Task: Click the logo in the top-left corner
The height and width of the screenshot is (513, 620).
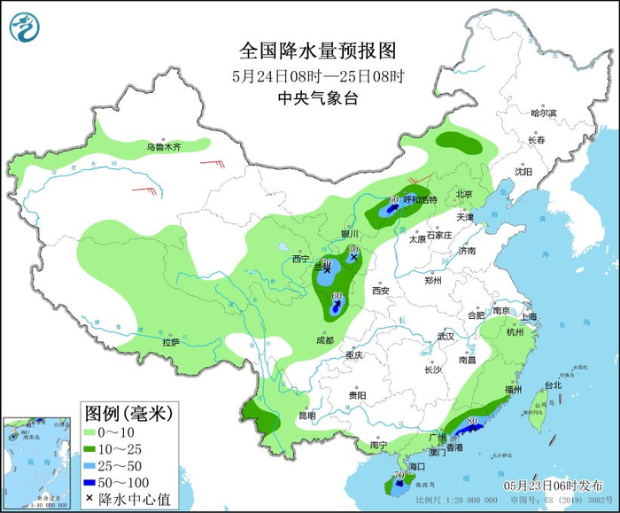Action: tap(26, 27)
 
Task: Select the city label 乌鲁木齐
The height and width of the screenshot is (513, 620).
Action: tap(164, 147)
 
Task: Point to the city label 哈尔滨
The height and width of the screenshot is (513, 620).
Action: tap(543, 113)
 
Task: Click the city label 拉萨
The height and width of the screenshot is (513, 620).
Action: tap(171, 342)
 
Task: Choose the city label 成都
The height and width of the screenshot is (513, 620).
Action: tap(324, 340)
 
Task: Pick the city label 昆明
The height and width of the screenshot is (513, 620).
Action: tap(306, 416)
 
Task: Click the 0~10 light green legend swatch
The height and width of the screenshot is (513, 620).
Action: tap(92, 432)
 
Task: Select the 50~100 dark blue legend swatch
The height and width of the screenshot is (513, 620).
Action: tap(92, 483)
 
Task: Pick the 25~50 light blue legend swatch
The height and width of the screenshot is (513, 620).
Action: tap(92, 466)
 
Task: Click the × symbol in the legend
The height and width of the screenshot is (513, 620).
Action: tap(91, 500)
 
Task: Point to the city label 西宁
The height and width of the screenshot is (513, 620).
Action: tap(301, 259)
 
